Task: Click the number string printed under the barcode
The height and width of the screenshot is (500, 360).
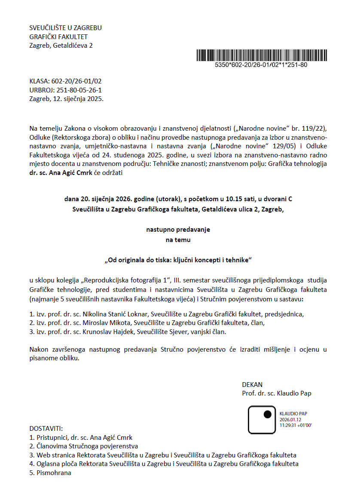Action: tap(261, 65)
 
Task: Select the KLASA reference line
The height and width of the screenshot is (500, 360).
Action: tap(65, 81)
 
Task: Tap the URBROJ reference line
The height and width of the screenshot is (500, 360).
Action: tap(65, 90)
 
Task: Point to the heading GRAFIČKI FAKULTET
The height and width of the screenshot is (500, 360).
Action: tap(58, 37)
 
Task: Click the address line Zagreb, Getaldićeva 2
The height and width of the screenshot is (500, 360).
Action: tap(61, 46)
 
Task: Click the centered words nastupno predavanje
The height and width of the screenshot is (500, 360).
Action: tap(178, 230)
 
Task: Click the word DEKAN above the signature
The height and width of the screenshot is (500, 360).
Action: tap(252, 384)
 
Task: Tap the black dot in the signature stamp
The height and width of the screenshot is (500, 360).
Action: tap(268, 414)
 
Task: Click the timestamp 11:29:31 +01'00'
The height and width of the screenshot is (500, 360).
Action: tap(295, 425)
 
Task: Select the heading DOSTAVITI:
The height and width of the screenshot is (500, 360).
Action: tap(46, 429)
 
